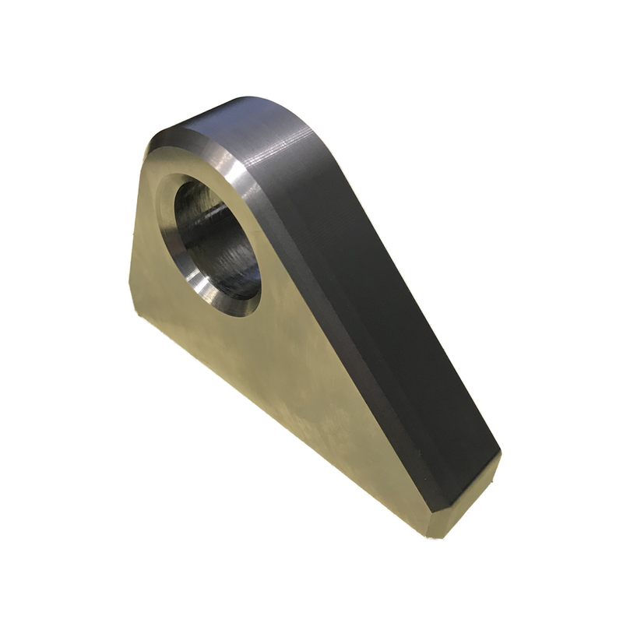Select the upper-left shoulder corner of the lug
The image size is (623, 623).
145,152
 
